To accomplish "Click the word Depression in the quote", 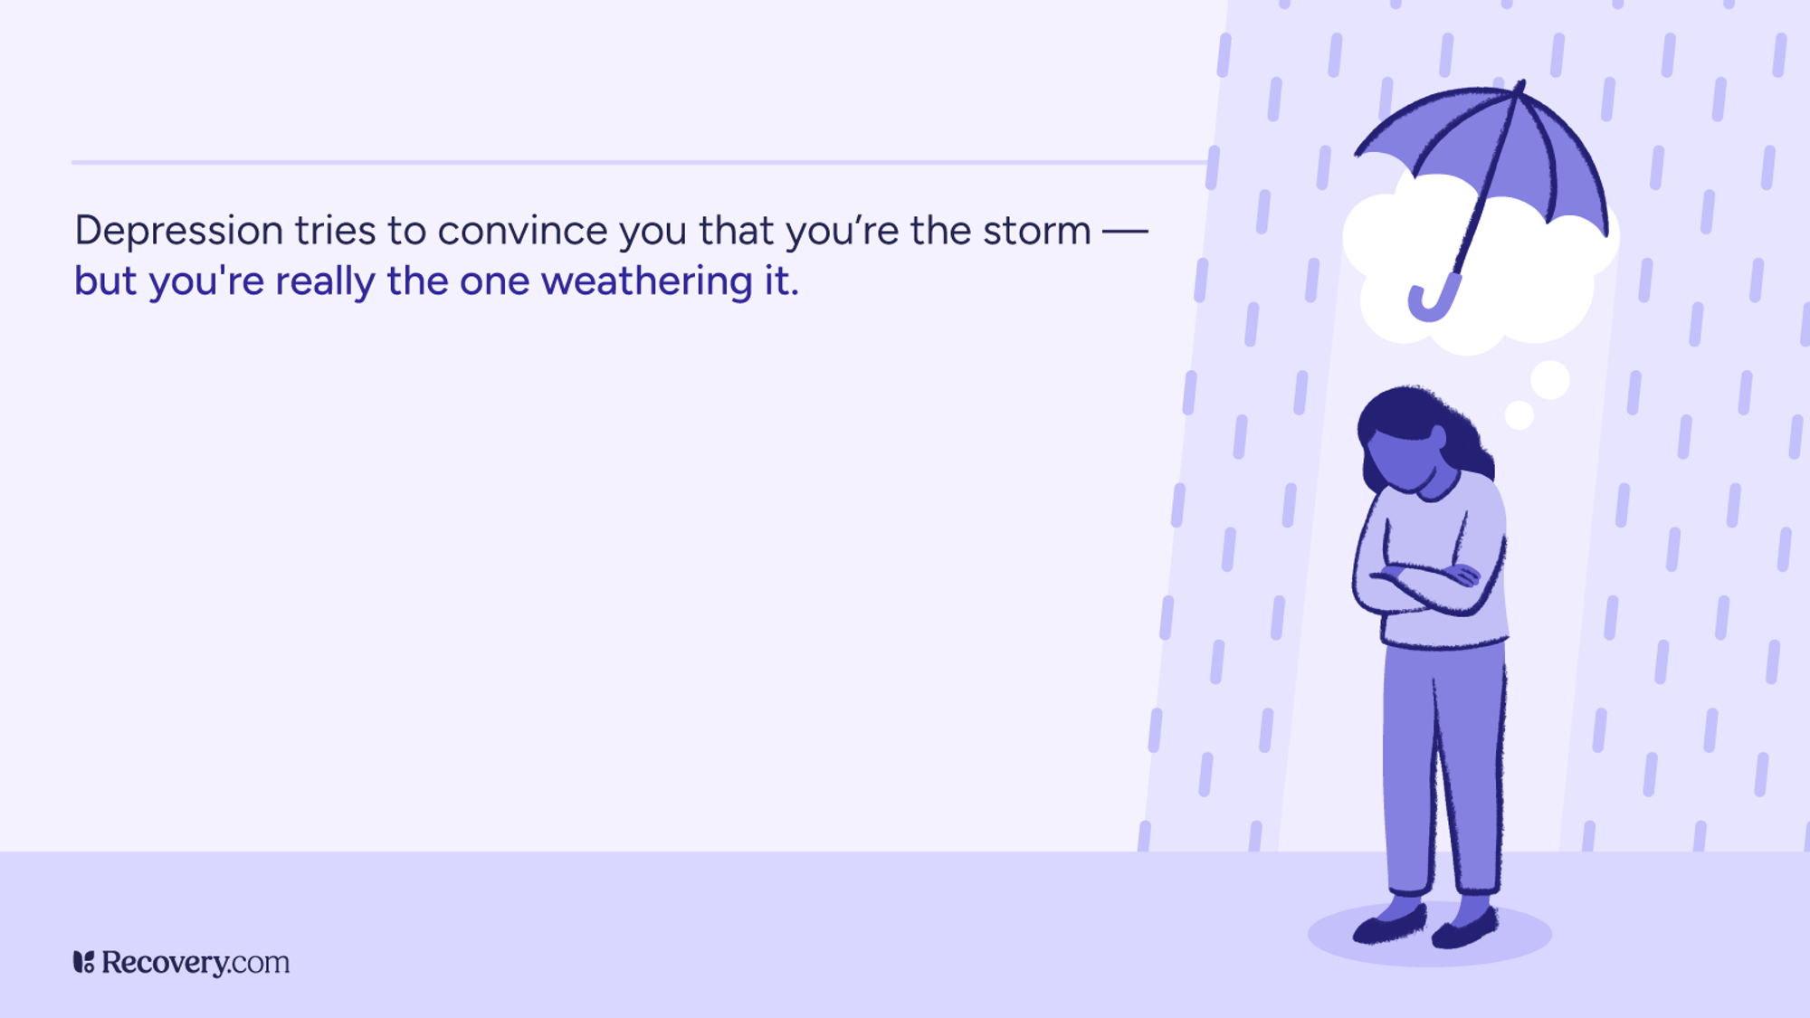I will click(178, 232).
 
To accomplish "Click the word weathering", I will click(646, 282).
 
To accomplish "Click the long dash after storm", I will click(1125, 232).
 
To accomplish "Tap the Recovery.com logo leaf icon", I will click(83, 962).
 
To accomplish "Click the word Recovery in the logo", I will click(165, 962).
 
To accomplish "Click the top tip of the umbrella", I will click(1521, 85).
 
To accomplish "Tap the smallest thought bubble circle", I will click(1519, 415).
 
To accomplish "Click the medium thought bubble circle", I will click(1550, 380).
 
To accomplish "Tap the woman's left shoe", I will click(1466, 928).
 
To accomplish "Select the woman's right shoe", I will click(1390, 923).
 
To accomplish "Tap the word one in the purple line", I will click(494, 282).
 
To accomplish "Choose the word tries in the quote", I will click(335, 232).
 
